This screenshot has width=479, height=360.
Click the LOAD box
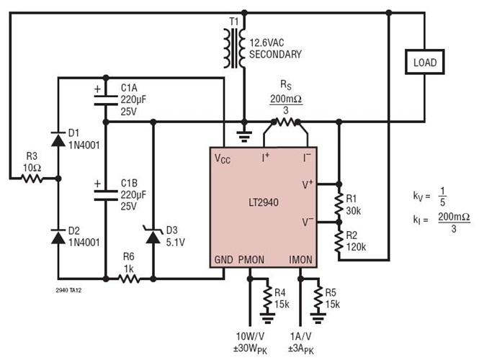[424, 63]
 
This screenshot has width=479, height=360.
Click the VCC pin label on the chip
[224, 160]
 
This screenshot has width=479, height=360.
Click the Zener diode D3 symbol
[153, 232]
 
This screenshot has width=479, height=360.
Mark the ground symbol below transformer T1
[245, 132]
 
